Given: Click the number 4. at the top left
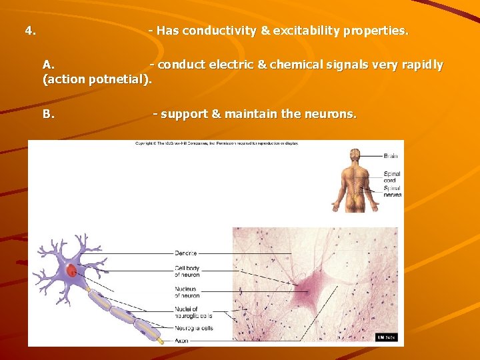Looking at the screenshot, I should tap(30, 31).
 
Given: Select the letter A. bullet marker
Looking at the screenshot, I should tap(48, 65).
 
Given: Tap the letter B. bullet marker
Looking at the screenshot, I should tap(48, 114).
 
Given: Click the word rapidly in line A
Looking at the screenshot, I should tap(422, 65).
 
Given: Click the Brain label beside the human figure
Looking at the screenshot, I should tap(391, 156).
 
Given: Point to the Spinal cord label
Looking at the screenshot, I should tap(392, 177).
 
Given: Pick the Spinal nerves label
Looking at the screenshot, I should tap(392, 192).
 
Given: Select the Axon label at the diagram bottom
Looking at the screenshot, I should tap(181, 340).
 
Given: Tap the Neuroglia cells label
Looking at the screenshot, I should tap(193, 328).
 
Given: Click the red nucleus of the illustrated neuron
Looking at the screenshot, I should tap(71, 271).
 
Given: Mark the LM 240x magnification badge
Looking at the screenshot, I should tap(386, 337).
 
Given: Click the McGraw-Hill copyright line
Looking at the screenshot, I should tap(217, 143).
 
